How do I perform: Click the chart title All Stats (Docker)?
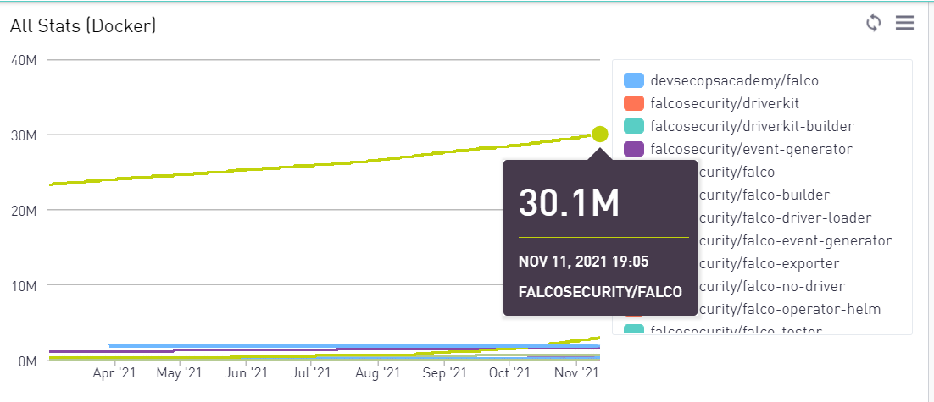click(83, 26)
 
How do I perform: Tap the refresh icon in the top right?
click(874, 23)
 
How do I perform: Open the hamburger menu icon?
click(905, 23)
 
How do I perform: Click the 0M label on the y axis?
click(25, 361)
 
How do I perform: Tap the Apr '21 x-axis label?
click(114, 372)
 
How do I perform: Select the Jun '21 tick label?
click(247, 372)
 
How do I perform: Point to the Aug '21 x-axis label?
click(379, 372)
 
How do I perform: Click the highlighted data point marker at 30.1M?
click(600, 134)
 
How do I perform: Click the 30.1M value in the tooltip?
click(570, 204)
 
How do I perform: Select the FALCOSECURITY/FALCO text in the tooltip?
click(600, 292)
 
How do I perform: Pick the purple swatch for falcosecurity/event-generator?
click(634, 149)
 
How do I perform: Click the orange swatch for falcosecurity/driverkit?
click(634, 103)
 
